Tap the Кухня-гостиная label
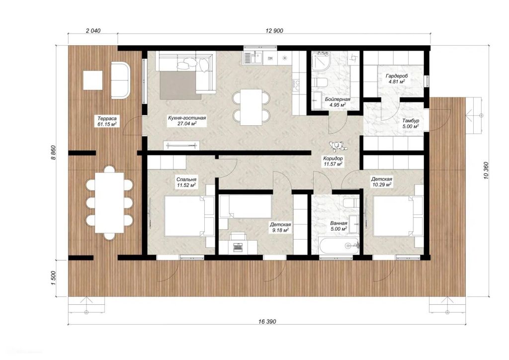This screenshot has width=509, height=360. coord(187,118)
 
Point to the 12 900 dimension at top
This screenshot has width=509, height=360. coord(274,31)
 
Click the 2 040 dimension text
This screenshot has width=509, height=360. coord(93,31)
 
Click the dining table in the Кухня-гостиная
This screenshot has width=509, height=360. coord(251,107)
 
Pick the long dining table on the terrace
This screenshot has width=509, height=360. coord(109,202)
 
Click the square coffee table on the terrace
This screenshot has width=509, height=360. coord(93,81)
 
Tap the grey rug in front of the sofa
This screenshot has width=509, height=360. coord(178,85)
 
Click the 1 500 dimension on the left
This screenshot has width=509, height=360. coord(54,278)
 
